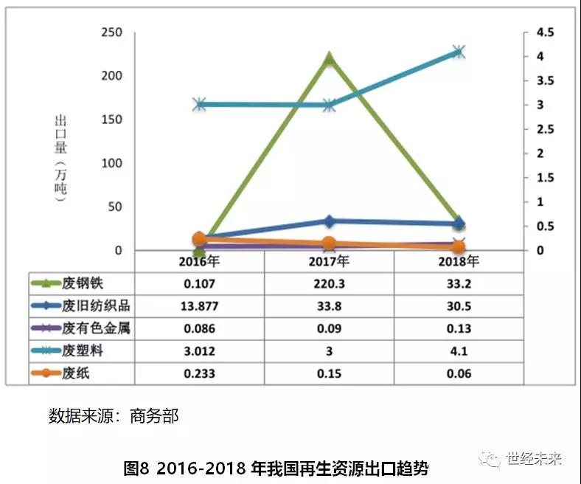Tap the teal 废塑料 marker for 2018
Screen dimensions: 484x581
point(458,52)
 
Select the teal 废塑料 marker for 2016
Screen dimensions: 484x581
point(199,105)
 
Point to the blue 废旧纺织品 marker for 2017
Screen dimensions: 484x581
point(329,221)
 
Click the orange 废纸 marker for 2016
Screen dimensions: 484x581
point(199,238)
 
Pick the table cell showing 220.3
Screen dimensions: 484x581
point(329,283)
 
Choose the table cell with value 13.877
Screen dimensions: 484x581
point(199,305)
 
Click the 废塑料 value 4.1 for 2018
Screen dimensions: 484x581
point(458,351)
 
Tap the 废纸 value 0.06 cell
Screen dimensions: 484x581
point(458,373)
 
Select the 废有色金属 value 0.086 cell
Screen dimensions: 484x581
point(199,328)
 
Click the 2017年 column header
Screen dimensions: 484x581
point(329,261)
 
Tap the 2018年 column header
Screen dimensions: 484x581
point(458,261)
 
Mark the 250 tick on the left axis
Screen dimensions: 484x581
point(111,33)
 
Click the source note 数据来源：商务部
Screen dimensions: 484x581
point(114,415)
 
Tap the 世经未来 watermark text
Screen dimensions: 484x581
point(534,459)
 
